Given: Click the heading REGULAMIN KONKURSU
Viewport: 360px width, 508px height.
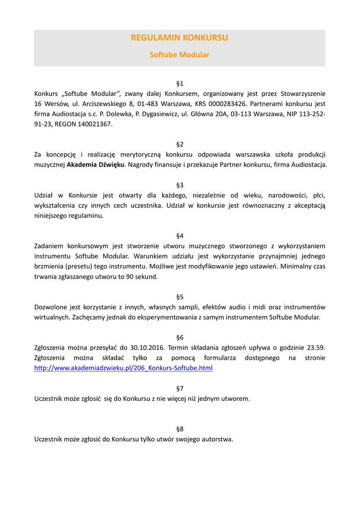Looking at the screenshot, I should point(179,38).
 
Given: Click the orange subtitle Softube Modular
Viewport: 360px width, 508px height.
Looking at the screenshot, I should point(179,55).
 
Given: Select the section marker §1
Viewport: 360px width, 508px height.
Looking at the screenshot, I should point(180,82).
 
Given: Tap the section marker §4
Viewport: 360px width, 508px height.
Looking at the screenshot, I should point(180,235).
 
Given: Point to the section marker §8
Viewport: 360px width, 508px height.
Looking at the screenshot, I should point(180,429).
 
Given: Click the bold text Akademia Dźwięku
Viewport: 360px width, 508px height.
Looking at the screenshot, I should point(96,165).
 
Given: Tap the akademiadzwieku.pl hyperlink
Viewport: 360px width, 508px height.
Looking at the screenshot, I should point(123,368).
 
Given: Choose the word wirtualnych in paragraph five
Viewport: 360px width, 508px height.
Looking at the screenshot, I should point(52,317).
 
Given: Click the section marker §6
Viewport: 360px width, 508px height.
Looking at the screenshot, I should point(180,337).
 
